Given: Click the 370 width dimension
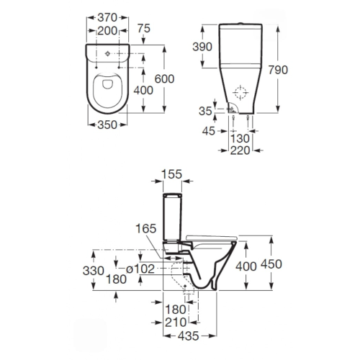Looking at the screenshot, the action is coord(107,17).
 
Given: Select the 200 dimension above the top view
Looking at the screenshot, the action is coord(107,31).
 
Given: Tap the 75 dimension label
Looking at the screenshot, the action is coord(144,28).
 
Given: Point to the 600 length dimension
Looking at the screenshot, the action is coord(164,79).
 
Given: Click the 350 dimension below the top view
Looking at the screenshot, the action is coord(107,125).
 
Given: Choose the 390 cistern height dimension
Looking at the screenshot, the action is coord(202,47).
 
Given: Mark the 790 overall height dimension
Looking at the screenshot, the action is coord(278,70).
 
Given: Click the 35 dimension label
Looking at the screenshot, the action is coord(205,111).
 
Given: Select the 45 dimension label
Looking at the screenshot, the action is coord(209,131).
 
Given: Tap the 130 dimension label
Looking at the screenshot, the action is coord(240,138).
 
